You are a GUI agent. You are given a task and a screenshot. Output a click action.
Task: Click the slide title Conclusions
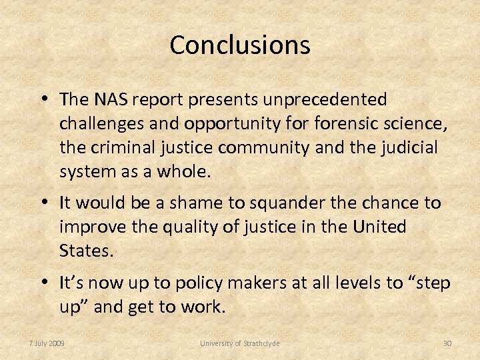(x=240, y=45)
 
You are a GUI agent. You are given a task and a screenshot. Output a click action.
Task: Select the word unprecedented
(x=325, y=99)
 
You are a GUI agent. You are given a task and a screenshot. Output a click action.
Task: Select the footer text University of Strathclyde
(x=240, y=343)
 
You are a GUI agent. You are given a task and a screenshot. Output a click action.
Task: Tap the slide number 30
(x=447, y=343)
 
